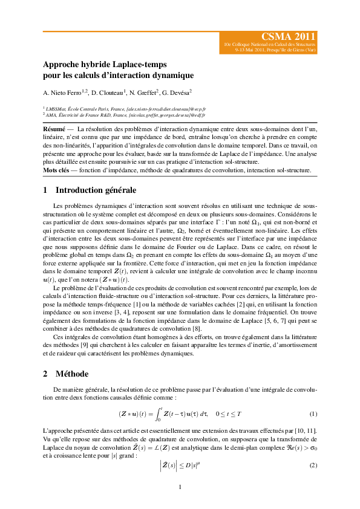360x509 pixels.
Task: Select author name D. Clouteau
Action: [109, 92]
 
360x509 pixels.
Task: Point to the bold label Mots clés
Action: [56, 170]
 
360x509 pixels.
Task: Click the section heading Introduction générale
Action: [95, 190]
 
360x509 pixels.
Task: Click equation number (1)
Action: [313, 414]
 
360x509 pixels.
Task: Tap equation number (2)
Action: [313, 465]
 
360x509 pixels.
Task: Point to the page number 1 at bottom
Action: [180, 487]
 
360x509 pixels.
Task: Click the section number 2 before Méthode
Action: [46, 374]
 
